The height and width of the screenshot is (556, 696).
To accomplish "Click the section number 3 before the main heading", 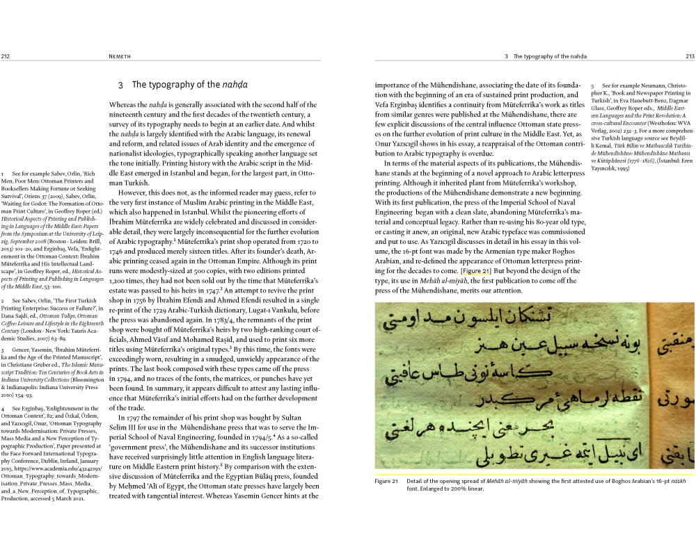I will [120, 85].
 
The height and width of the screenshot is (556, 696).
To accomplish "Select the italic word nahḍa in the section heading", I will [235, 85].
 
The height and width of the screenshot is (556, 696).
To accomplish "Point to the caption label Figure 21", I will [386, 481].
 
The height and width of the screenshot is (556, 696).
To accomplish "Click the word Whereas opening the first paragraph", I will [122, 104].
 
